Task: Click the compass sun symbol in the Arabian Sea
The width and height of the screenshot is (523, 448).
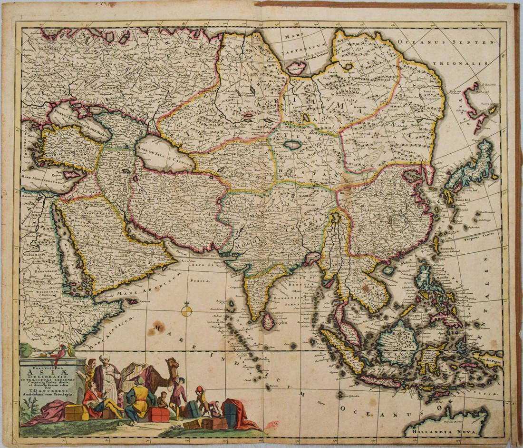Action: coord(187,310)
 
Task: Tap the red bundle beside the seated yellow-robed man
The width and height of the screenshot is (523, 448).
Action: coord(158,414)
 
